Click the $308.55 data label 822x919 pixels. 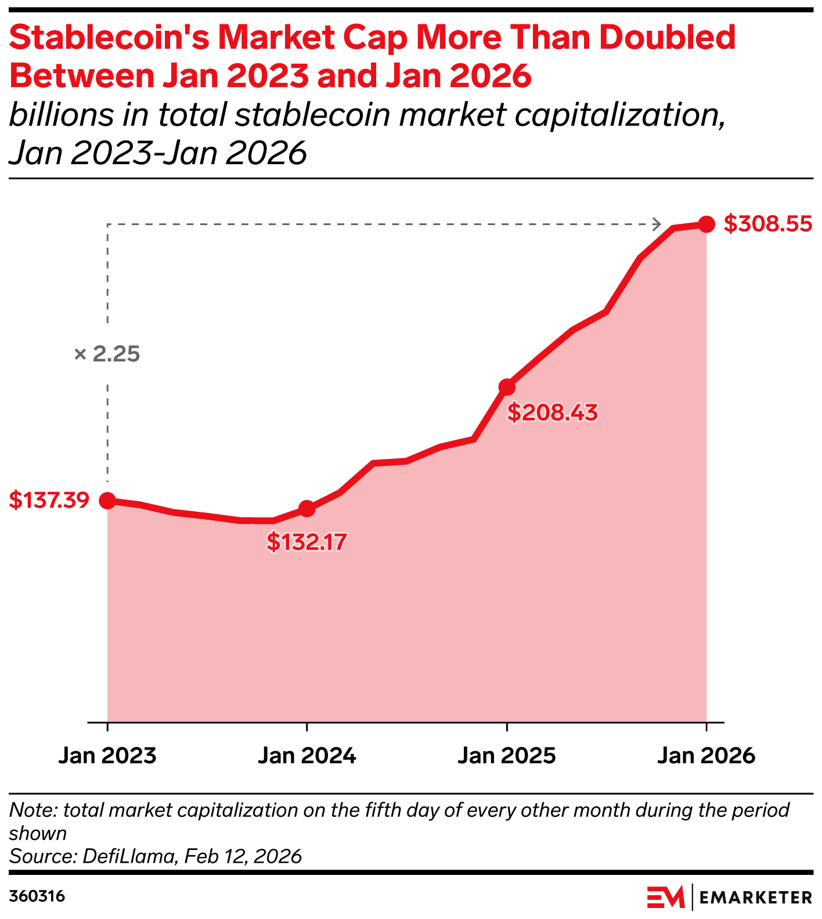coord(767,224)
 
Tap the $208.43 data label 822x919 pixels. coord(552,413)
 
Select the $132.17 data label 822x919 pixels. coord(307,542)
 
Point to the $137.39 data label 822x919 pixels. coord(49,500)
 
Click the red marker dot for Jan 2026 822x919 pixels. coord(706,224)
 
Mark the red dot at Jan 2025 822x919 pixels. coord(507,387)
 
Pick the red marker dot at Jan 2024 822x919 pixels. coord(307,509)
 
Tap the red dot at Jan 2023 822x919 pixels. coord(107,500)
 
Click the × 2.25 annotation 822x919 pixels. coord(107,354)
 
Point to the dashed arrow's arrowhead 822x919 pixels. coord(657,224)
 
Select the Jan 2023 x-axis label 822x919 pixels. coord(107,755)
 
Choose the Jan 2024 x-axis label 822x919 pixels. coord(307,755)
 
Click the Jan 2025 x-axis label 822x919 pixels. coord(507,755)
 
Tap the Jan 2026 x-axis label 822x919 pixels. coord(706,755)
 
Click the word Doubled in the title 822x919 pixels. coord(668,38)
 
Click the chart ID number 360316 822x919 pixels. coord(37,897)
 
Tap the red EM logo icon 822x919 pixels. coord(666,897)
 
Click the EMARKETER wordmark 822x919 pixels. coord(756,898)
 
